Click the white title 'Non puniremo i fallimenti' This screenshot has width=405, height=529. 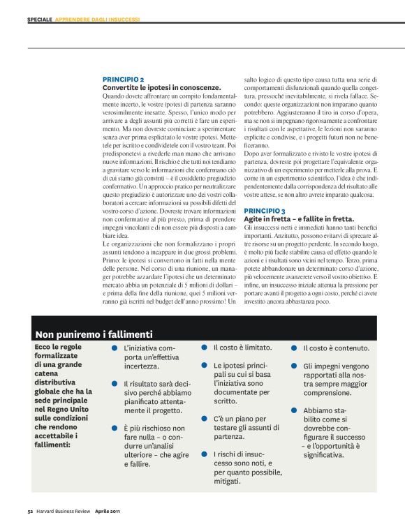click(x=93, y=334)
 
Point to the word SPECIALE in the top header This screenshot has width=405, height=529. click(x=40, y=20)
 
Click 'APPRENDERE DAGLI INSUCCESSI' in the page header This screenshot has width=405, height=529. click(x=97, y=20)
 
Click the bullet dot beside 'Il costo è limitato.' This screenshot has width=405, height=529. click(x=205, y=347)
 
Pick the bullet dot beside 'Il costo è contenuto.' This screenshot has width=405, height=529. click(x=294, y=347)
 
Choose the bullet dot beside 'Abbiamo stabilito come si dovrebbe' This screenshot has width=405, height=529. click(x=294, y=410)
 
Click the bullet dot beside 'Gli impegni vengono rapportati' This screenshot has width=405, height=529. click(x=294, y=365)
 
